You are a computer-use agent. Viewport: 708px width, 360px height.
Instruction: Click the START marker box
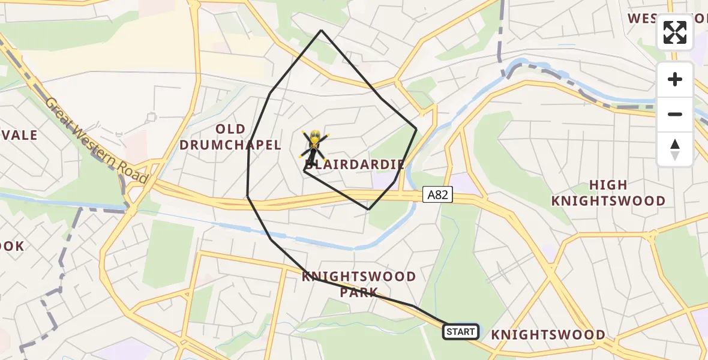461,331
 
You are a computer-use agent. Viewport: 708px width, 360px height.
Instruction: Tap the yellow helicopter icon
314,145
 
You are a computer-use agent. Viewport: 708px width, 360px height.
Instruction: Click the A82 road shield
437,194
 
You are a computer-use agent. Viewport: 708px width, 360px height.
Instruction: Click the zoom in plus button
675,79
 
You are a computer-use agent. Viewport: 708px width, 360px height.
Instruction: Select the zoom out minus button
675,114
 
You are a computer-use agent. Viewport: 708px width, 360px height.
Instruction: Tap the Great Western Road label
96,140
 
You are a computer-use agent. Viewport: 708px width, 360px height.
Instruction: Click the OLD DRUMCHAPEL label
230,137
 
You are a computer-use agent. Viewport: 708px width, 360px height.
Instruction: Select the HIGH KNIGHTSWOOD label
608,193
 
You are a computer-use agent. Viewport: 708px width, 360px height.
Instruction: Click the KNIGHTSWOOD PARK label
359,284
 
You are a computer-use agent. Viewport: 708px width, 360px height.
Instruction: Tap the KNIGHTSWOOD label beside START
548,335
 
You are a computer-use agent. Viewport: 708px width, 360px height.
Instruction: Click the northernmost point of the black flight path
322,30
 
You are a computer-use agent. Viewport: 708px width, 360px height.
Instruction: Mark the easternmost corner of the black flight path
416,128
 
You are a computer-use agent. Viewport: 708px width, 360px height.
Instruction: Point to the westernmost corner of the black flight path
247,196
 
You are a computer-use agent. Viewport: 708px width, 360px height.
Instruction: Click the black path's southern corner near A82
368,209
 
